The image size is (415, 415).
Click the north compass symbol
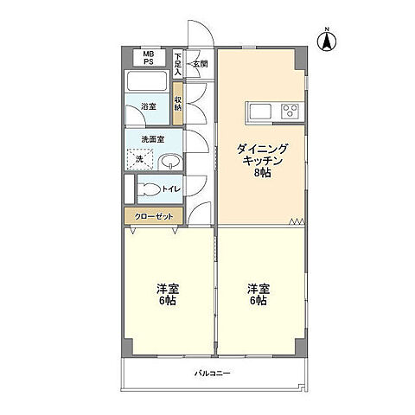[x=327, y=41]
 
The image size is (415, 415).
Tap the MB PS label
[x=149, y=58]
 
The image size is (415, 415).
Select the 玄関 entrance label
[x=201, y=64]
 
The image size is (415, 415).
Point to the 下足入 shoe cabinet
[x=177, y=64]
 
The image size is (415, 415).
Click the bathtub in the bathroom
[x=147, y=81]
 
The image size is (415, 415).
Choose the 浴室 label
[x=149, y=106]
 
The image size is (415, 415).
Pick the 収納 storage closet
[x=178, y=104]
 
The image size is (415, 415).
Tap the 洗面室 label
[x=153, y=139]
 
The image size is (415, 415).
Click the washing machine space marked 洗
[x=140, y=159]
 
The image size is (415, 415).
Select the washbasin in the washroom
[x=170, y=162]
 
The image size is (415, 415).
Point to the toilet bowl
[x=149, y=189]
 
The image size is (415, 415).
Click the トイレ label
[x=171, y=189]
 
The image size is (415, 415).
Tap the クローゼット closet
[x=154, y=216]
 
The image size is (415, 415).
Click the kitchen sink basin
[x=260, y=112]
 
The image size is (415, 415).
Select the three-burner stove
[x=290, y=112]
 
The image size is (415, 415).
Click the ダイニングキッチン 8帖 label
[x=262, y=161]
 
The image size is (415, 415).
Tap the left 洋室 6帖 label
[x=168, y=294]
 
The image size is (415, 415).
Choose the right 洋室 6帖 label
[x=259, y=294]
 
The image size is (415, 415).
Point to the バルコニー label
[x=213, y=373]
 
